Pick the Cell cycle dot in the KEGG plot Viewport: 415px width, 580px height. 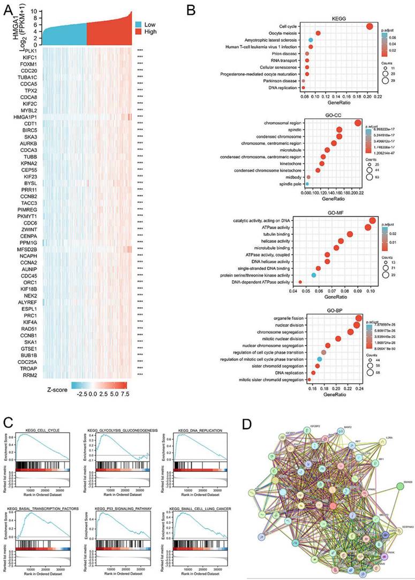(x=369, y=27)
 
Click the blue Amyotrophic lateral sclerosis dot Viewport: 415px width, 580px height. (x=311, y=40)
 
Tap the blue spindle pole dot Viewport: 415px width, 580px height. (x=307, y=184)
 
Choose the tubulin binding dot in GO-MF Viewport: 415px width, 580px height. (x=350, y=234)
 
